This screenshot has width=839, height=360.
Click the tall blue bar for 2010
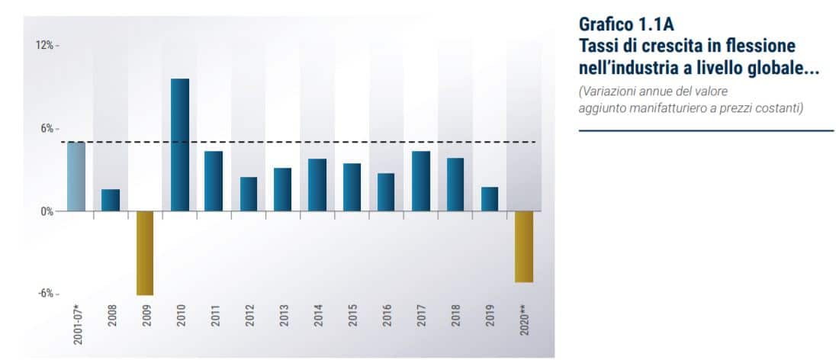click(x=180, y=145)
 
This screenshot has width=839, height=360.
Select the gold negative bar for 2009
click(x=145, y=252)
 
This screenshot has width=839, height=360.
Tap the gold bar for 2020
click(x=524, y=246)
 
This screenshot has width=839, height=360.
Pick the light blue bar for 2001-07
click(x=76, y=176)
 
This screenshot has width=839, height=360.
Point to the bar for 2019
click(x=490, y=199)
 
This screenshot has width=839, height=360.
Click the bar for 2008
click(x=111, y=200)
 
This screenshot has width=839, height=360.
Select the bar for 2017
click(x=421, y=181)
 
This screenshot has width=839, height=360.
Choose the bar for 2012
click(x=249, y=194)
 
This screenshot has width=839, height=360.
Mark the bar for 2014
click(x=317, y=185)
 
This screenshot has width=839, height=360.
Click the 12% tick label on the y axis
click(x=44, y=46)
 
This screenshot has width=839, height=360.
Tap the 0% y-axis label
click(x=47, y=211)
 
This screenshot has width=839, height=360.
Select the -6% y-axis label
click(x=46, y=294)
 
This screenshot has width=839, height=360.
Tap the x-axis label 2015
click(x=352, y=317)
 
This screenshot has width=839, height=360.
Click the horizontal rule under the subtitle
click(x=706, y=130)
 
